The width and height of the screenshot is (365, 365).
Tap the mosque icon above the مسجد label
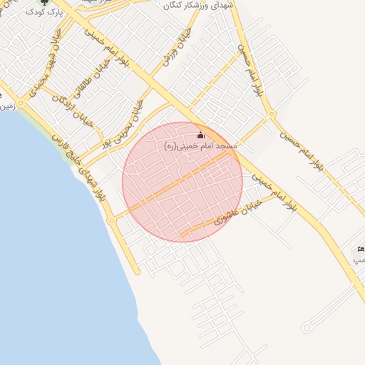[x=200, y=135]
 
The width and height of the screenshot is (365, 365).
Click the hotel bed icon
[x=361, y=249]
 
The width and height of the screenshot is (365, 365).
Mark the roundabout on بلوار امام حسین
[x=272, y=113]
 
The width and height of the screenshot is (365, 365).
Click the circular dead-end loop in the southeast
[x=307, y=327]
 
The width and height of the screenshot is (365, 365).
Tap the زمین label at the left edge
[x=6, y=106]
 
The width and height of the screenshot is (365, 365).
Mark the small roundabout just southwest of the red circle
[x=111, y=220]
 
